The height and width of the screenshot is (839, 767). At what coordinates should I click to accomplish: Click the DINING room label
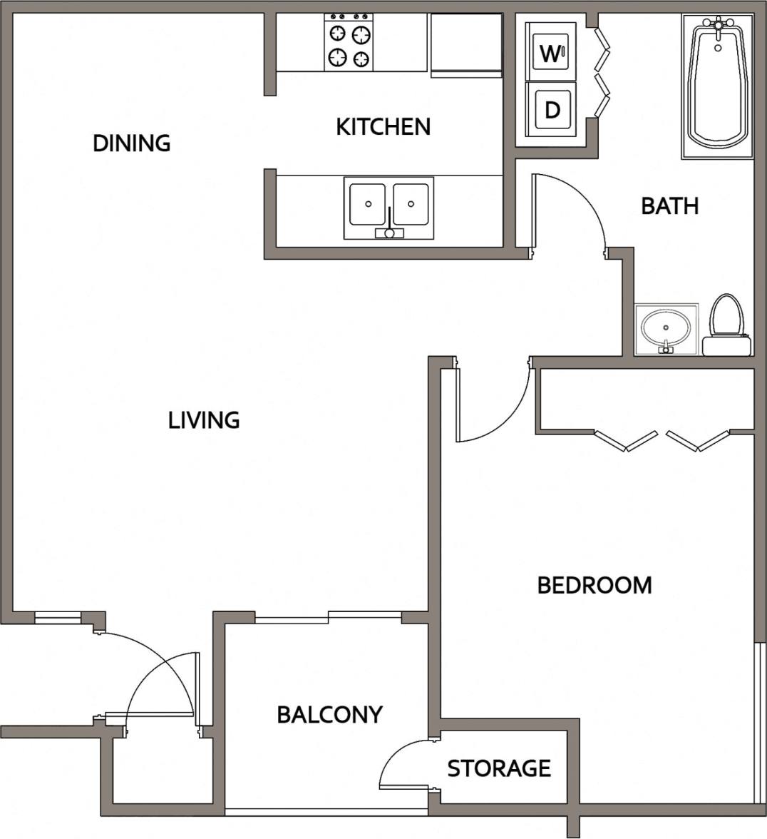point(132,143)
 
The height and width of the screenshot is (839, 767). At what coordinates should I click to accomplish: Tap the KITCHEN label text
point(383,127)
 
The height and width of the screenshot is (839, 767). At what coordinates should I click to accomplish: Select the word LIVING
point(204,420)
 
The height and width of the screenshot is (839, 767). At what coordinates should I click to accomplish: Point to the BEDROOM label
point(594,586)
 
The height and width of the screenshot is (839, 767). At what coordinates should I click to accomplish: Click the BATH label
point(669,206)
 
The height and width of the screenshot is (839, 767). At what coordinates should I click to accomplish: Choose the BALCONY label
point(329,715)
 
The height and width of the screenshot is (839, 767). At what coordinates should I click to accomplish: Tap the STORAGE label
point(499,768)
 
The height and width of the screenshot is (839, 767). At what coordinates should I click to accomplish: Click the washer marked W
point(550,52)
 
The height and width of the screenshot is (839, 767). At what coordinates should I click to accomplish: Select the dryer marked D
point(551,109)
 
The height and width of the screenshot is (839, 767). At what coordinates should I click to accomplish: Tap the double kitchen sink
point(389,207)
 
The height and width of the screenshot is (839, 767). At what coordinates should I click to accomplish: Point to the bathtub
point(718,86)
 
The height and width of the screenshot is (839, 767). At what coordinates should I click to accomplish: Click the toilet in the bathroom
point(726,325)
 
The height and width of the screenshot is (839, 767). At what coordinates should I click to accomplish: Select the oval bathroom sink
point(666,328)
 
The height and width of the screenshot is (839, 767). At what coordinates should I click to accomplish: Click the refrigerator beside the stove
point(466,44)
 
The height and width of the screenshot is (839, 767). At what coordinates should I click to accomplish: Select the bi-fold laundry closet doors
point(603,71)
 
